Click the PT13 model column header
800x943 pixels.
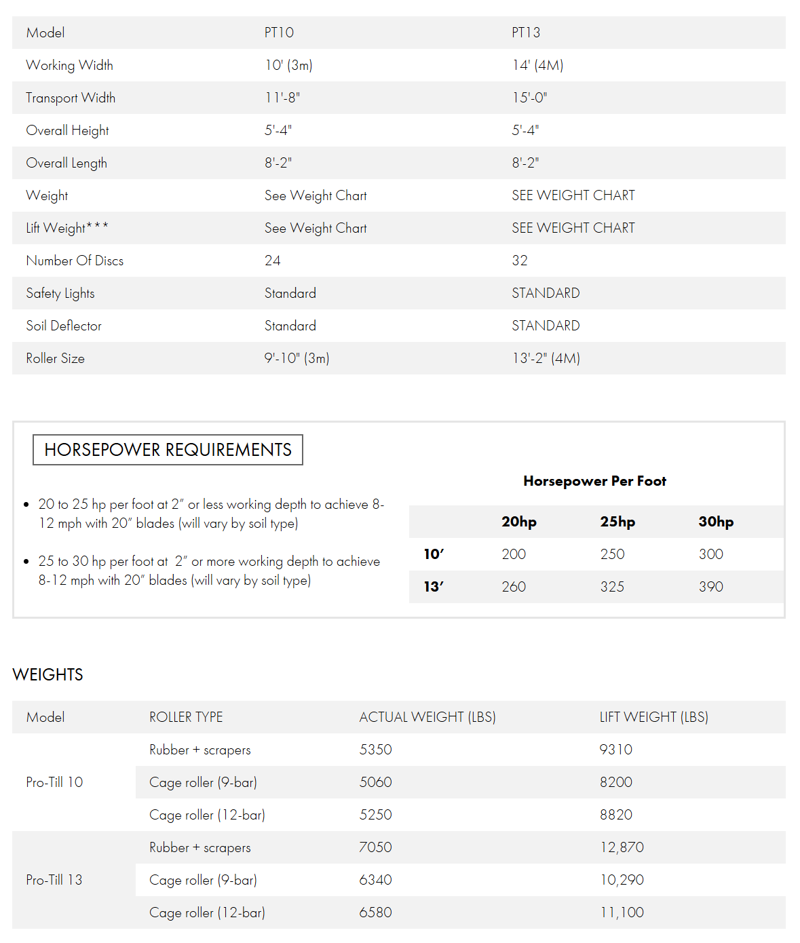526,33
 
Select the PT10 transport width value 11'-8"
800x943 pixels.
282,98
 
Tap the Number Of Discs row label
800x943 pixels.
75,261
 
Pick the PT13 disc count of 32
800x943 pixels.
520,261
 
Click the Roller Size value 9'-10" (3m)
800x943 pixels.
297,358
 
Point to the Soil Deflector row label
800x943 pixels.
64,326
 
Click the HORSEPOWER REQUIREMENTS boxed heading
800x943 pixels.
168,450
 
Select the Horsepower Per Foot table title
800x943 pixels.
594,481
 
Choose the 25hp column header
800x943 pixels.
617,522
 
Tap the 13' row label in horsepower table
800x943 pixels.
434,587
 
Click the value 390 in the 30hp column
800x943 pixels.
710,587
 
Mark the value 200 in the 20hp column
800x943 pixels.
514,554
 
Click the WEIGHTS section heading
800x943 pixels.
48,674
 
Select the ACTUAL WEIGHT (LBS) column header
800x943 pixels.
427,717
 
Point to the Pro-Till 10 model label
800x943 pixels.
54,782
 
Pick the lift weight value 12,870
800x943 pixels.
622,847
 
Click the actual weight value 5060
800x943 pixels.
375,782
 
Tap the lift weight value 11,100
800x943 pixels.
622,912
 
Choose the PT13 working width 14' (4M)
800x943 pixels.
537,65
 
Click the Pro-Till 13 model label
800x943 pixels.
54,880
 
